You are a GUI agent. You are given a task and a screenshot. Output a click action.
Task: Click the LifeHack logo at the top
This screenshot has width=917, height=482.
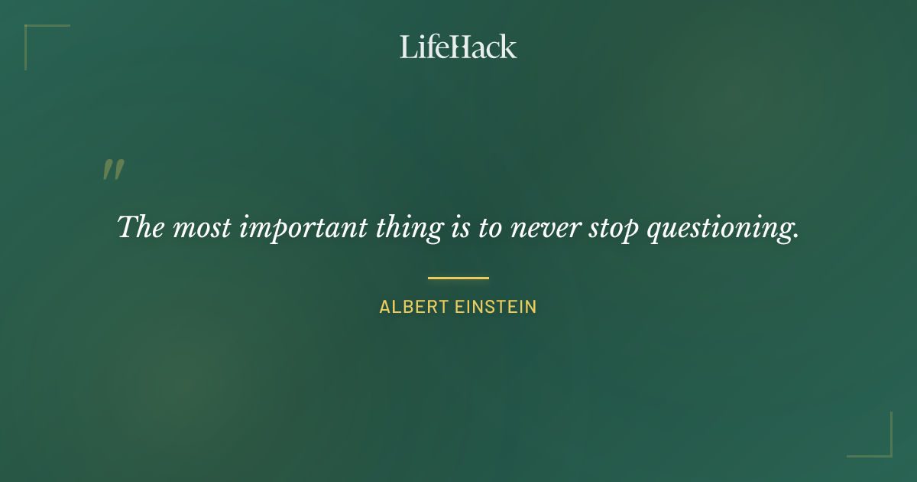click(x=458, y=47)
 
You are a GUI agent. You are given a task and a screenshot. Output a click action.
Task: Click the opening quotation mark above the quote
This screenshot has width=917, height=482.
click(x=113, y=170)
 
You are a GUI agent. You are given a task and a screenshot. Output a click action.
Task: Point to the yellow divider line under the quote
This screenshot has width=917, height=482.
click(x=458, y=278)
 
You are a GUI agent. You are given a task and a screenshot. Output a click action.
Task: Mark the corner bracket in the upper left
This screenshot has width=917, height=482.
click(x=34, y=34)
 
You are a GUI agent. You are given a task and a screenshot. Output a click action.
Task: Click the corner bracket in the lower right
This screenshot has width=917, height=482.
click(x=883, y=448)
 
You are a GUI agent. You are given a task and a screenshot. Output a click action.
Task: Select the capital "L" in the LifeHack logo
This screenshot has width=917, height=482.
click(x=407, y=47)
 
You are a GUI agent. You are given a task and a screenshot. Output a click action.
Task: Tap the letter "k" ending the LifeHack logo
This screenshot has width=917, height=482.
click(x=509, y=47)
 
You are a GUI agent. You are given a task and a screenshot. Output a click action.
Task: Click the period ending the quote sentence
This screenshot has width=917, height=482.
click(x=795, y=236)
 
